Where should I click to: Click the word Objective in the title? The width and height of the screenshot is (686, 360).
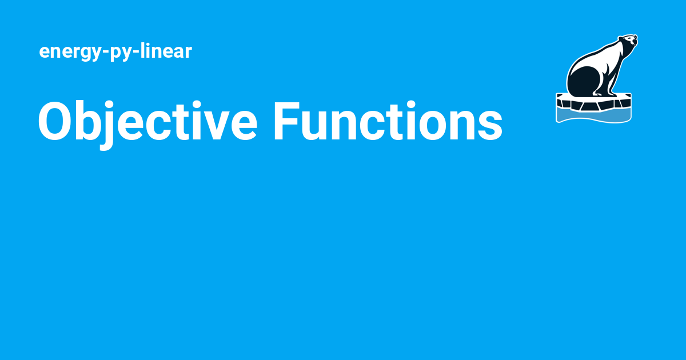point(146,121)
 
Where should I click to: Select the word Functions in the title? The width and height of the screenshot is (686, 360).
point(388,121)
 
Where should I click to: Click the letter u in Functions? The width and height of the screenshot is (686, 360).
point(317,126)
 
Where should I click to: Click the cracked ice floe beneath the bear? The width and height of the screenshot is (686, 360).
point(595,102)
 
